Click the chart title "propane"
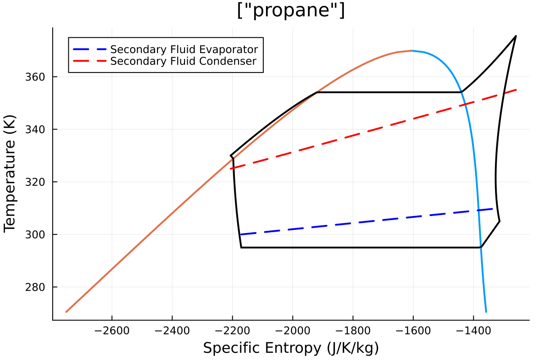click(291, 11)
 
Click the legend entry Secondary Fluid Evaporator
click(184, 49)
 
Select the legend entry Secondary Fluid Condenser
click(183, 61)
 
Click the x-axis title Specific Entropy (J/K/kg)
click(291, 348)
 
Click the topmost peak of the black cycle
click(516, 36)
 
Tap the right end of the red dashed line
click(516, 90)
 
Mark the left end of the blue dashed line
click(242, 234)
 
